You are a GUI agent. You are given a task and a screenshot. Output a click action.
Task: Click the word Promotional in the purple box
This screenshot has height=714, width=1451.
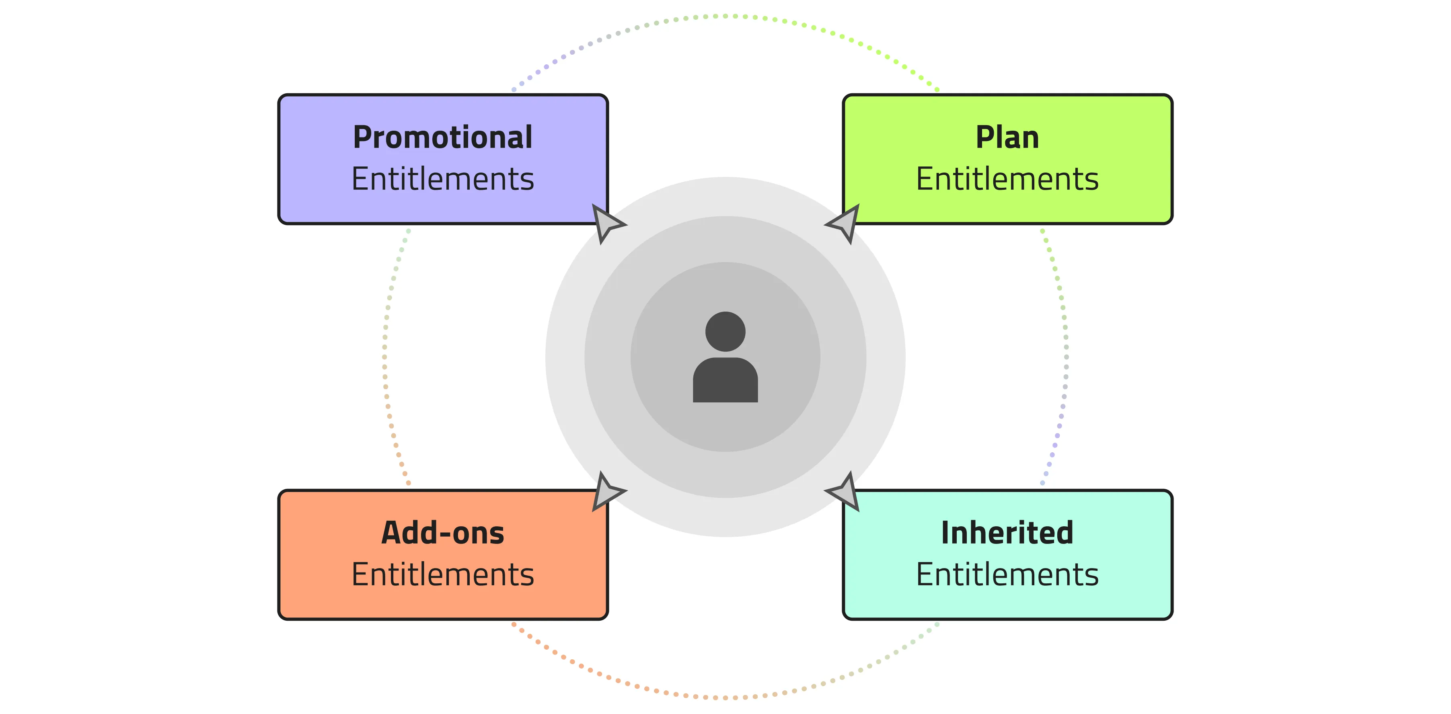(443, 137)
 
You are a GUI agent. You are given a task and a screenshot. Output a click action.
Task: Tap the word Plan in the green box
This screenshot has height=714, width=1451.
(1007, 137)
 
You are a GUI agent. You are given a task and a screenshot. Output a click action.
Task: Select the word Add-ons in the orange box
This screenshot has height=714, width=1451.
(443, 533)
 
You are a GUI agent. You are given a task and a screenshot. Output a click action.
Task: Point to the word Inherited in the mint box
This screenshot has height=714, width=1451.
(1007, 533)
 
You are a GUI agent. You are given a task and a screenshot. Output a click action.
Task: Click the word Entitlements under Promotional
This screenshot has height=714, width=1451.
(443, 179)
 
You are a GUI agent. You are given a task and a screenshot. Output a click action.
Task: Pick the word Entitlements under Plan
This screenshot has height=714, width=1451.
(1007, 179)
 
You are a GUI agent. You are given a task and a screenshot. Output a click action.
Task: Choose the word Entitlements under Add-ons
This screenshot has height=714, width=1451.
(443, 574)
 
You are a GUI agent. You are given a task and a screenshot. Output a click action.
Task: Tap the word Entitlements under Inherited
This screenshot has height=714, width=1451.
(1007, 574)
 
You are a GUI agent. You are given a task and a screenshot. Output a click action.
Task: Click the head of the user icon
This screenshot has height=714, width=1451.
(725, 332)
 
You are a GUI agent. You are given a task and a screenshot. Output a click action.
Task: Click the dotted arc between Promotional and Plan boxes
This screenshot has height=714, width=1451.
(725, 16)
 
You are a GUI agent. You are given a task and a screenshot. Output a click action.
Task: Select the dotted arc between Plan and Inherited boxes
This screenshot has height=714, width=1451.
(1066, 357)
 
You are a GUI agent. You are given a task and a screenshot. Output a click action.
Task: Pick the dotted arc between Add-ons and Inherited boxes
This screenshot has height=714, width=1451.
(725, 698)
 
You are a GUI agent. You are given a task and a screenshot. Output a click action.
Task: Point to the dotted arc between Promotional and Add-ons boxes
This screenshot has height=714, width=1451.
(385, 357)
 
